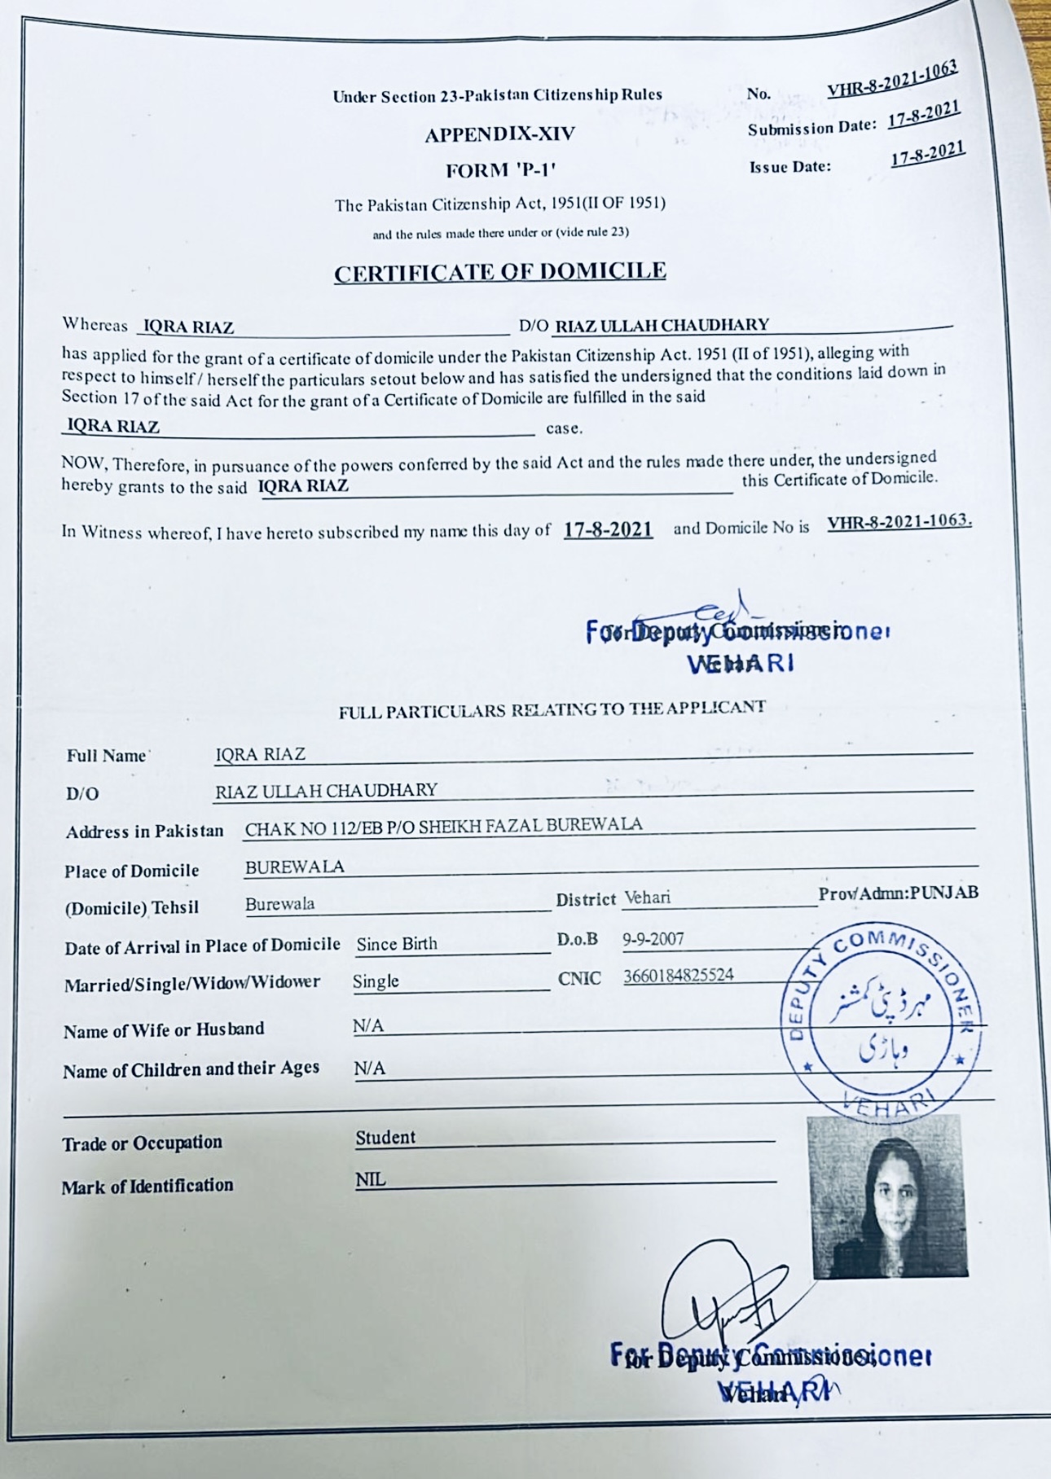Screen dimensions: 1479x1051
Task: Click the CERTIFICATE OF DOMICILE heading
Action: point(499,272)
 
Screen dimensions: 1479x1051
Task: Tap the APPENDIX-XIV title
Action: point(499,134)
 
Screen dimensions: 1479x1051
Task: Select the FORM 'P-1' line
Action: point(500,171)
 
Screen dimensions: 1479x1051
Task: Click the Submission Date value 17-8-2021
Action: point(924,116)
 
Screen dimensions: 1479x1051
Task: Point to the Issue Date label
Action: point(790,168)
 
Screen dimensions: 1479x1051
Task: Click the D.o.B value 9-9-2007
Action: point(653,939)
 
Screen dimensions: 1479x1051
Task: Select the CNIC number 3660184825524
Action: point(678,975)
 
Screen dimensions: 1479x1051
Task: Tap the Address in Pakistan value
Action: point(443,826)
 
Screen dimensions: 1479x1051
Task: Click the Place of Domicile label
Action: point(131,871)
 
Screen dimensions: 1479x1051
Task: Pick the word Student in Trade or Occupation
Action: point(385,1138)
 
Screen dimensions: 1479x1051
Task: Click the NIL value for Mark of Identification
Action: point(371,1179)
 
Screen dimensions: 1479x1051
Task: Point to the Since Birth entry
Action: point(397,944)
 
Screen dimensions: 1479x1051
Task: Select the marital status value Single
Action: point(376,981)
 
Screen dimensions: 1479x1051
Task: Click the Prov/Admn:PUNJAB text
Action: point(898,893)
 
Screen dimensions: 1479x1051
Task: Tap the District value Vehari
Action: point(647,897)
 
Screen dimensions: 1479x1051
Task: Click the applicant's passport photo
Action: point(887,1195)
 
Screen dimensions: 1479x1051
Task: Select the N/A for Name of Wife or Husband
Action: point(368,1026)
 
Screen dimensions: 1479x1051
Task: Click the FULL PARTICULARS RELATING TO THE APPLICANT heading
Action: point(552,709)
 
